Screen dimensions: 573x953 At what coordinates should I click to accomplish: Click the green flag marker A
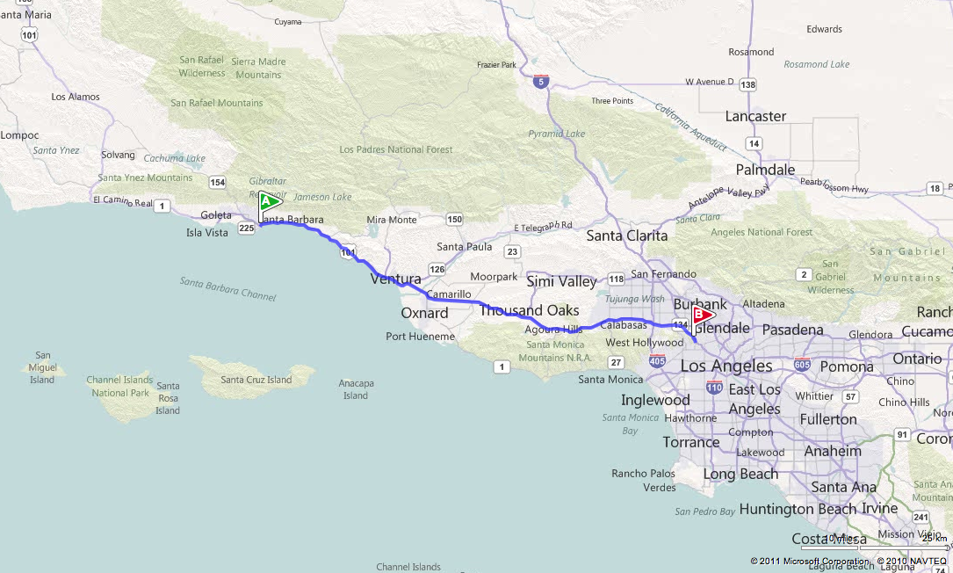(x=268, y=201)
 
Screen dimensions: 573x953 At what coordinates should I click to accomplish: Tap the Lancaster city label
(x=755, y=116)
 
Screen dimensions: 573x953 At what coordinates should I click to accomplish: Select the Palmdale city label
(x=765, y=170)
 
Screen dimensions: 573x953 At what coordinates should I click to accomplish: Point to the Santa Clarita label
(x=626, y=236)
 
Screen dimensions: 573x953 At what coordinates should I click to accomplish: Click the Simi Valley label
(x=561, y=281)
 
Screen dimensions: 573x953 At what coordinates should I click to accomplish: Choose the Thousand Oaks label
(x=529, y=310)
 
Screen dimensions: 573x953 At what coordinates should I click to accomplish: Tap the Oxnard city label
(x=424, y=313)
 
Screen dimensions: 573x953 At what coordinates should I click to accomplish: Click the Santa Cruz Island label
(x=256, y=380)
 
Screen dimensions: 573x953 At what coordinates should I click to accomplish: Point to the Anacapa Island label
(x=356, y=389)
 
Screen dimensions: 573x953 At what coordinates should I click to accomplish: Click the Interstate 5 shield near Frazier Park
(x=541, y=82)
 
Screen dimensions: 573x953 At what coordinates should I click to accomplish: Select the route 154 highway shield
(x=216, y=182)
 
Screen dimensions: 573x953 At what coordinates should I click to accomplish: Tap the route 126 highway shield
(x=437, y=268)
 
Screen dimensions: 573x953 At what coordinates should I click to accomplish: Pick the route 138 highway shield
(x=747, y=84)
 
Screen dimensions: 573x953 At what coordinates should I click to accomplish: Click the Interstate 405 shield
(x=656, y=360)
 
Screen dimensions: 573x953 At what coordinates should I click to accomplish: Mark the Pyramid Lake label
(x=556, y=134)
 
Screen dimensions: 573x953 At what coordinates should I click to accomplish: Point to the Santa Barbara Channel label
(x=227, y=288)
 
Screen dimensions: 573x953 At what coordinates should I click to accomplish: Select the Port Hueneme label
(x=420, y=337)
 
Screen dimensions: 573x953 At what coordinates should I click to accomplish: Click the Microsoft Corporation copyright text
(x=809, y=561)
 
